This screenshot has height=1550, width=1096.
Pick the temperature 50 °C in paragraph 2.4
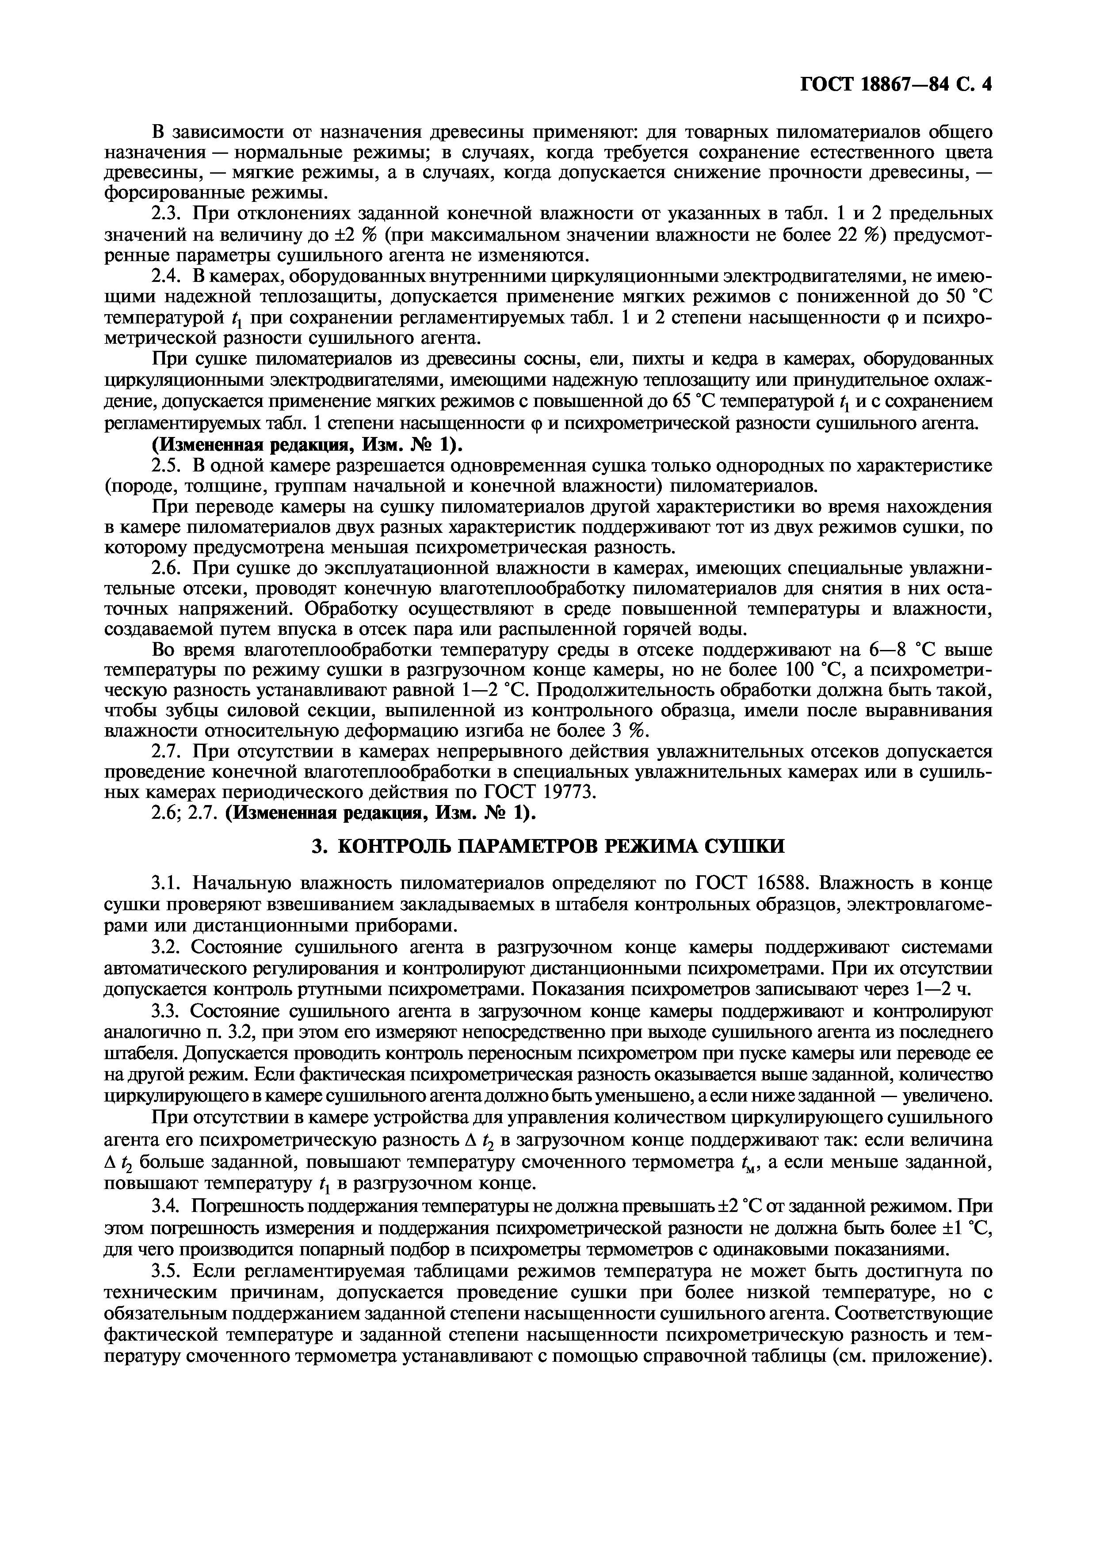pos(965,297)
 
